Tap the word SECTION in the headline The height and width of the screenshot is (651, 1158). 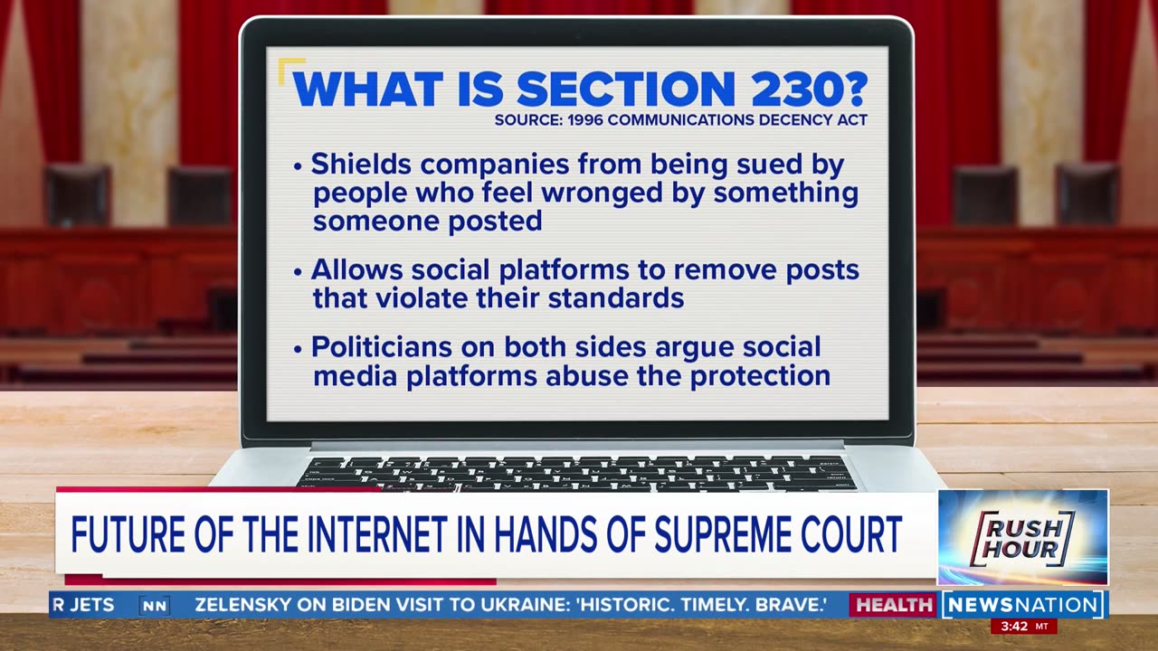coord(626,89)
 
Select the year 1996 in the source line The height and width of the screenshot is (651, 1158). coord(584,120)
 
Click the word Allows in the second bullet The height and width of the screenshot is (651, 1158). coord(356,269)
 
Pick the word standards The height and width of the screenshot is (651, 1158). coord(616,298)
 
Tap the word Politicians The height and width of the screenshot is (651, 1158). coord(382,346)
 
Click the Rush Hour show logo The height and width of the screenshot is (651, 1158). coord(1022,537)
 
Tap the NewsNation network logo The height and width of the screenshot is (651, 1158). coord(1022,605)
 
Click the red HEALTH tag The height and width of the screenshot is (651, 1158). coord(894,605)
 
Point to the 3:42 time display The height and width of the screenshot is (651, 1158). coord(1014,627)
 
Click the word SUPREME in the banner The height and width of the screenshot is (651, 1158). coord(723,534)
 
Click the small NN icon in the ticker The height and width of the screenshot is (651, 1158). coord(154,606)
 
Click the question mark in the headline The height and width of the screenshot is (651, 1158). coord(857,89)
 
